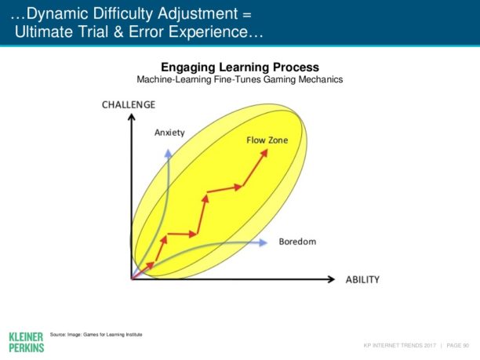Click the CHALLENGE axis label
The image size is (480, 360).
pos(129,104)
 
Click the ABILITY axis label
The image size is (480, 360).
pos(362,279)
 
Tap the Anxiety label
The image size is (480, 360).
pos(169,133)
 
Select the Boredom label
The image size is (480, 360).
pos(297,242)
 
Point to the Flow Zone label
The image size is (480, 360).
pos(267,140)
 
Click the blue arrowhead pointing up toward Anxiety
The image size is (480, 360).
pos(169,154)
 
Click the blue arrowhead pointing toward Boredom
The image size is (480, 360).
pos(263,243)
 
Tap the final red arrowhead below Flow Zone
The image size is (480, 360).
pos(264,154)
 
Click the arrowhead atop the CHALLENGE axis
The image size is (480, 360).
pos(132,117)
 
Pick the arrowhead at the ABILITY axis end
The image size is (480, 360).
pos(331,279)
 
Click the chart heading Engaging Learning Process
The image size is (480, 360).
pos(240,67)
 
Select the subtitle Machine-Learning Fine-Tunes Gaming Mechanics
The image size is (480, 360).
pos(240,79)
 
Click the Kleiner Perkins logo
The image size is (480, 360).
pos(27,342)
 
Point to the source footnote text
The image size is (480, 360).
pos(96,335)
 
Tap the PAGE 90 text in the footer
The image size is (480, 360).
pos(458,345)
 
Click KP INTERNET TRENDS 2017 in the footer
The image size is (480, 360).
pos(399,345)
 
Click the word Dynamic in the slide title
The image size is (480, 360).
pos(58,14)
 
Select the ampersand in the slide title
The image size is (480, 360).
pos(118,32)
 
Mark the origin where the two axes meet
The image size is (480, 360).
pos(132,279)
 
